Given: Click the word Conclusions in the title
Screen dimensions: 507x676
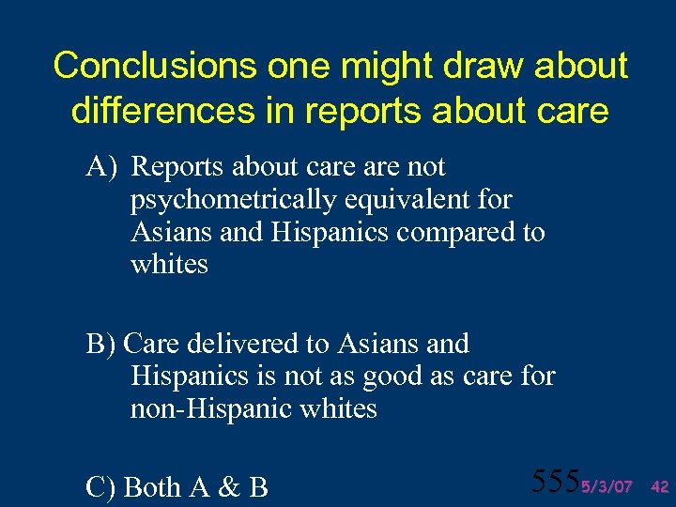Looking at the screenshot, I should [152, 66].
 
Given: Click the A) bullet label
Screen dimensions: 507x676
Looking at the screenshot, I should [100, 167].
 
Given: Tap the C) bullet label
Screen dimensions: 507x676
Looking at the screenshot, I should [100, 486].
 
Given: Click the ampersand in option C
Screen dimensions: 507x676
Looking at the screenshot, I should [229, 486].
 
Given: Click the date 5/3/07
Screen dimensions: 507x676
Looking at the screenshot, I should [607, 486].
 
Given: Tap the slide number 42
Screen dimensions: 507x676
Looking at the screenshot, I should [659, 486].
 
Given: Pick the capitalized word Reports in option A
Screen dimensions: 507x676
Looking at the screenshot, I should [177, 167].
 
